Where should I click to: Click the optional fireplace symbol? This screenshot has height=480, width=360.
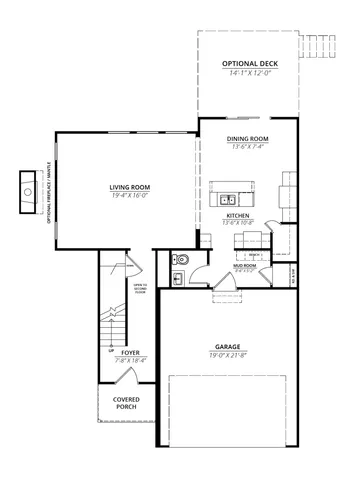point(23,191)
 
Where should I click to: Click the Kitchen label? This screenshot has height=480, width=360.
point(238,215)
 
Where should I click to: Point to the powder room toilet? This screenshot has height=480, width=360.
point(178,260)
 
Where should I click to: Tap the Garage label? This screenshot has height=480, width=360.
point(229,346)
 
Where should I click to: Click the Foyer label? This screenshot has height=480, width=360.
point(130,352)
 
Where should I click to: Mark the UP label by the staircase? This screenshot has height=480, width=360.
point(110,351)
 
